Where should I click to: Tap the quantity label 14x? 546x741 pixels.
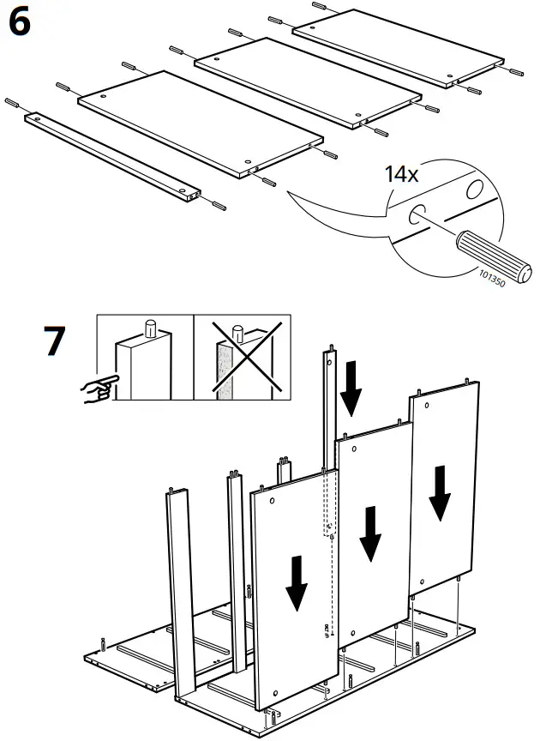coord(400,174)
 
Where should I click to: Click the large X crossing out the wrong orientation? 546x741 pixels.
coord(243,357)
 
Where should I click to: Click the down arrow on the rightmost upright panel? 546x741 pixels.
coord(441,492)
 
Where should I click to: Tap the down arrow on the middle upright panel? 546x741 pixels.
coord(370,532)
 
